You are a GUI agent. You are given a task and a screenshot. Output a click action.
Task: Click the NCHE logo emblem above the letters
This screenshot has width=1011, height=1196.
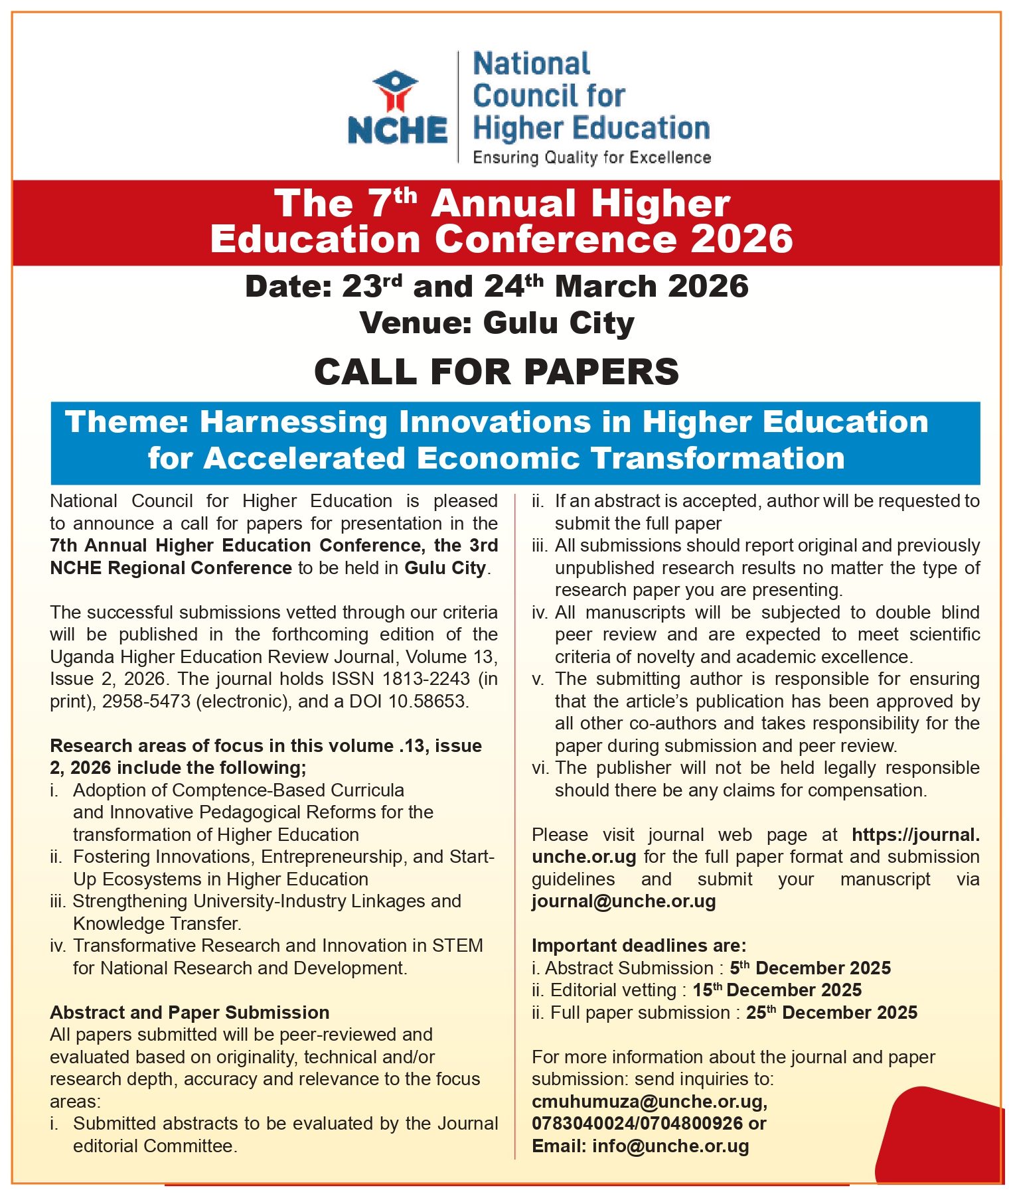click(x=396, y=91)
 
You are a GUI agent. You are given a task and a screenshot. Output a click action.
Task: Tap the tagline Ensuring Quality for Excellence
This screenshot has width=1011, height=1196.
click(x=591, y=157)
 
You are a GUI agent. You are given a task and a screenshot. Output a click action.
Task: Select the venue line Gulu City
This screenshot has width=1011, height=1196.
click(x=497, y=323)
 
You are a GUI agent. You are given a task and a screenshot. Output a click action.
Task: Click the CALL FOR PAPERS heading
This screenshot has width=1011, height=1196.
click(x=497, y=371)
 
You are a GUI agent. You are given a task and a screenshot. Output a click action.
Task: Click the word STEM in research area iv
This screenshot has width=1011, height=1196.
click(x=457, y=945)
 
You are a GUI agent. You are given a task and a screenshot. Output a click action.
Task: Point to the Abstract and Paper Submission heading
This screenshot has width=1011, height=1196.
click(x=189, y=1012)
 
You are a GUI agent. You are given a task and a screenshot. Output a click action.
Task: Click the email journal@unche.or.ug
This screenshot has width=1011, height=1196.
click(x=623, y=901)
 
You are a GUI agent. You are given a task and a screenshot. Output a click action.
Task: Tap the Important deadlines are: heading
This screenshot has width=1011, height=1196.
click(x=639, y=945)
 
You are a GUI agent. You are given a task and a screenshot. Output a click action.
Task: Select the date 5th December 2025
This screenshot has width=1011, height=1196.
click(x=810, y=968)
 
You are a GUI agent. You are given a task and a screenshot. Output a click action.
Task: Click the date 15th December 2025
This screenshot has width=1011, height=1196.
click(x=777, y=990)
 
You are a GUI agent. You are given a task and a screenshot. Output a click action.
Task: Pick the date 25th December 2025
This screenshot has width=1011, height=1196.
click(x=831, y=1013)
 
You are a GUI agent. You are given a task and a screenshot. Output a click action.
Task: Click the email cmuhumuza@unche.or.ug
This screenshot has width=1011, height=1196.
click(x=649, y=1102)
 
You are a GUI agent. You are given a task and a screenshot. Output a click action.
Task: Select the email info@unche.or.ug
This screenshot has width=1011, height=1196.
click(x=670, y=1146)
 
